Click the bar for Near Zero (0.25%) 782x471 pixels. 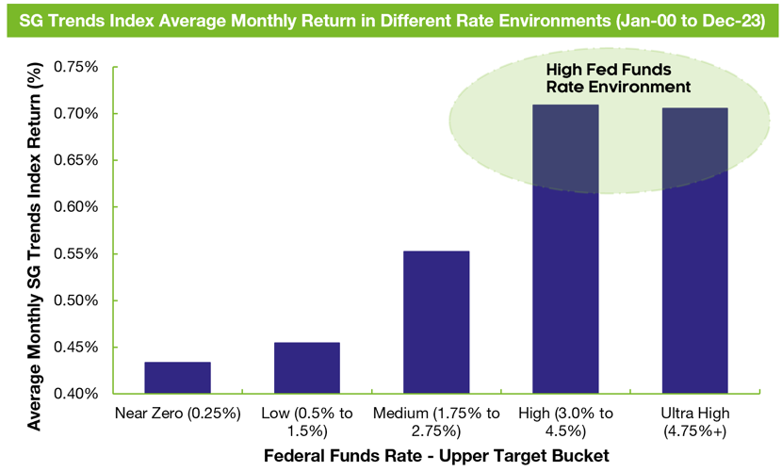pos(177,378)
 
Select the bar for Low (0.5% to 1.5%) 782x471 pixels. pos(306,367)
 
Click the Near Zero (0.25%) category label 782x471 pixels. pos(177,414)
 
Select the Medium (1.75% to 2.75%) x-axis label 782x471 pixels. pos(435,422)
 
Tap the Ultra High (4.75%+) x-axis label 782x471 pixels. pos(694,422)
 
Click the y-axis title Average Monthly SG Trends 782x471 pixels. pos(34,245)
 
